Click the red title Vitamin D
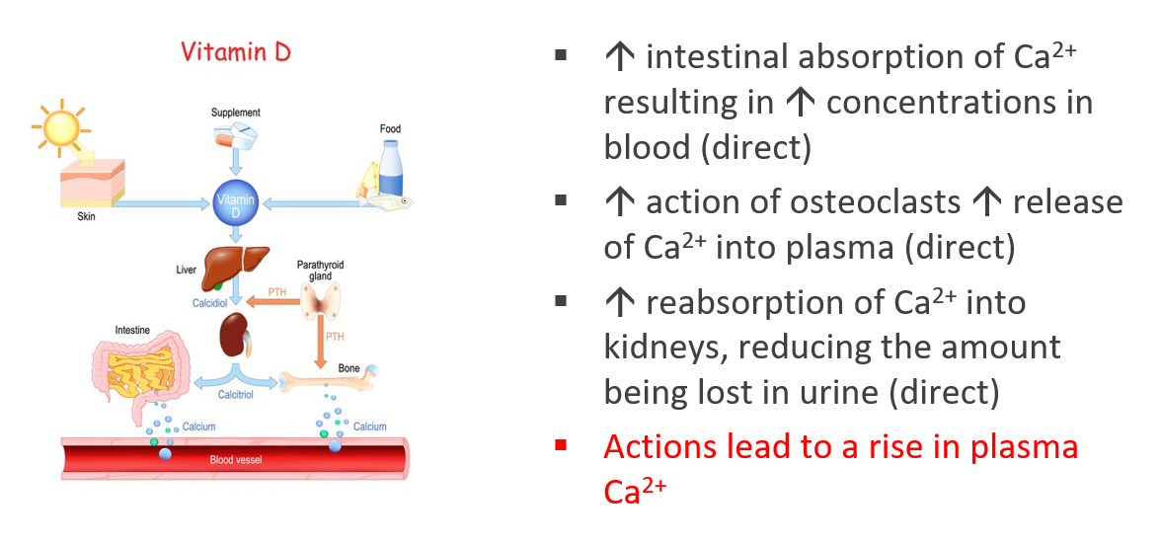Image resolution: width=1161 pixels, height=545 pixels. point(236,52)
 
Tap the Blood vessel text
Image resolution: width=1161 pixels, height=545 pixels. point(236,460)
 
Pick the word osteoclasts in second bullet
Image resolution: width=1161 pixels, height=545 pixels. point(876,202)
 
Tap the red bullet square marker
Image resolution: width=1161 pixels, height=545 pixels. point(561,446)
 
